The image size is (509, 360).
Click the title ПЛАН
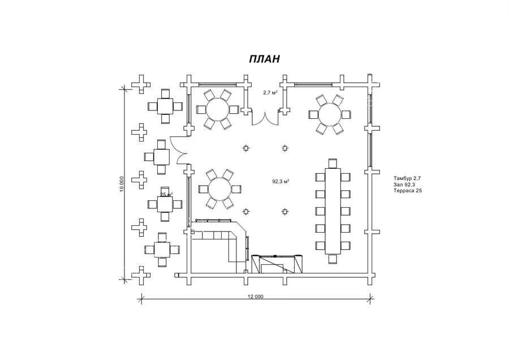click(264, 59)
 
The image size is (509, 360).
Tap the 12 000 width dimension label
click(256, 296)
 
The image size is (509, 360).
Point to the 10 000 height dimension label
click(122, 184)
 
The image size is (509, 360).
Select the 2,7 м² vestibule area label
click(270, 93)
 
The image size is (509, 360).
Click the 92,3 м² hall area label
click(281, 181)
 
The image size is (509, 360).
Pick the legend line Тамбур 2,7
click(407, 178)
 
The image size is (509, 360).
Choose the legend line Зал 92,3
click(404, 185)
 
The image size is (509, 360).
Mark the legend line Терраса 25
click(408, 191)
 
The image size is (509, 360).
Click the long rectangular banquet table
click(333, 211)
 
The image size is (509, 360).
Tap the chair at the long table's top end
click(333, 163)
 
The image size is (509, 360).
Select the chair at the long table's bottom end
click(333, 259)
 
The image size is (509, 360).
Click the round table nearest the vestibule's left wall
click(218, 109)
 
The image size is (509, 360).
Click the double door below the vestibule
click(266, 119)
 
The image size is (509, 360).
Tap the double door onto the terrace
click(179, 149)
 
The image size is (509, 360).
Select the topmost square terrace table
click(166, 106)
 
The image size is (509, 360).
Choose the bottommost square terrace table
click(162, 250)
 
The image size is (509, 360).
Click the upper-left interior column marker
click(246, 148)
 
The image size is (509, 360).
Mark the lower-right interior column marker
click(284, 212)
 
